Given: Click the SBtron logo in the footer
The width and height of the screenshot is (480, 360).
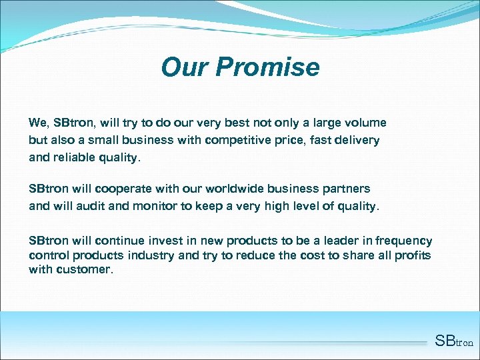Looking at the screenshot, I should (x=453, y=342).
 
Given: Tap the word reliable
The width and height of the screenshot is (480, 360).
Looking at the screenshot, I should (x=76, y=158).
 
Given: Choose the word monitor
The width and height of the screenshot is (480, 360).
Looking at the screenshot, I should (x=154, y=206).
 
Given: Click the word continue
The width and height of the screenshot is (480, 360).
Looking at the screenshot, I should (x=118, y=241).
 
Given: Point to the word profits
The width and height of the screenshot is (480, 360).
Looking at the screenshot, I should (x=413, y=255).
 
